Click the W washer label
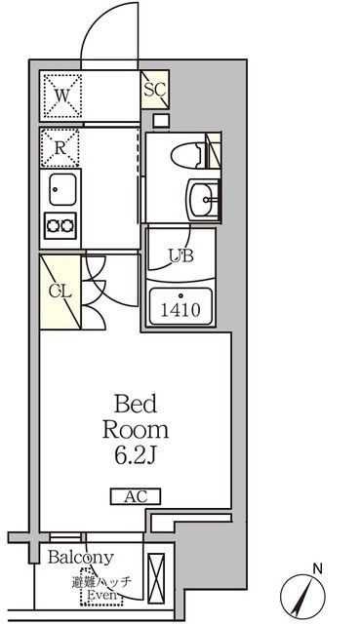[61, 96]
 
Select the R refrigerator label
[60, 149]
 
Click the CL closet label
[58, 291]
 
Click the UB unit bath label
[180, 256]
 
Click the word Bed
[137, 404]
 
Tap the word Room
[137, 429]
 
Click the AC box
[137, 497]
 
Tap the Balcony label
[82, 557]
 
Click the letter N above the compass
[317, 567]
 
